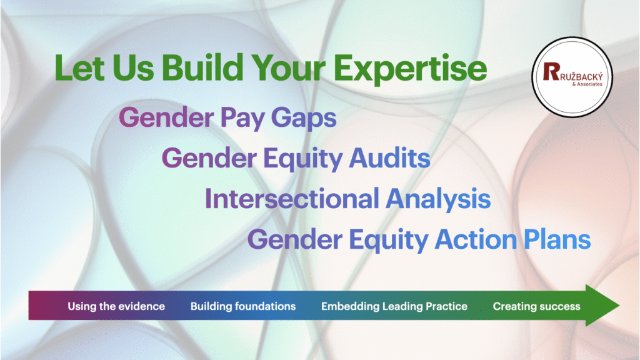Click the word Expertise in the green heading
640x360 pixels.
410,69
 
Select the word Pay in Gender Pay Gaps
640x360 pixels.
242,119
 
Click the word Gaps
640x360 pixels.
304,119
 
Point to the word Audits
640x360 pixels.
390,158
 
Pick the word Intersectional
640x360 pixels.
292,199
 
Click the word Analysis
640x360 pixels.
438,200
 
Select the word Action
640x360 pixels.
476,239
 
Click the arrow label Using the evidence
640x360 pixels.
116,306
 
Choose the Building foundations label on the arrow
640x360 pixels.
243,306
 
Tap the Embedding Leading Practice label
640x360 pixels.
394,306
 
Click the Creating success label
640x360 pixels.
536,306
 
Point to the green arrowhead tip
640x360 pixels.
619,305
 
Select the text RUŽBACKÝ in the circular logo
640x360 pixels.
581,77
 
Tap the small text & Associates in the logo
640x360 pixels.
587,84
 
